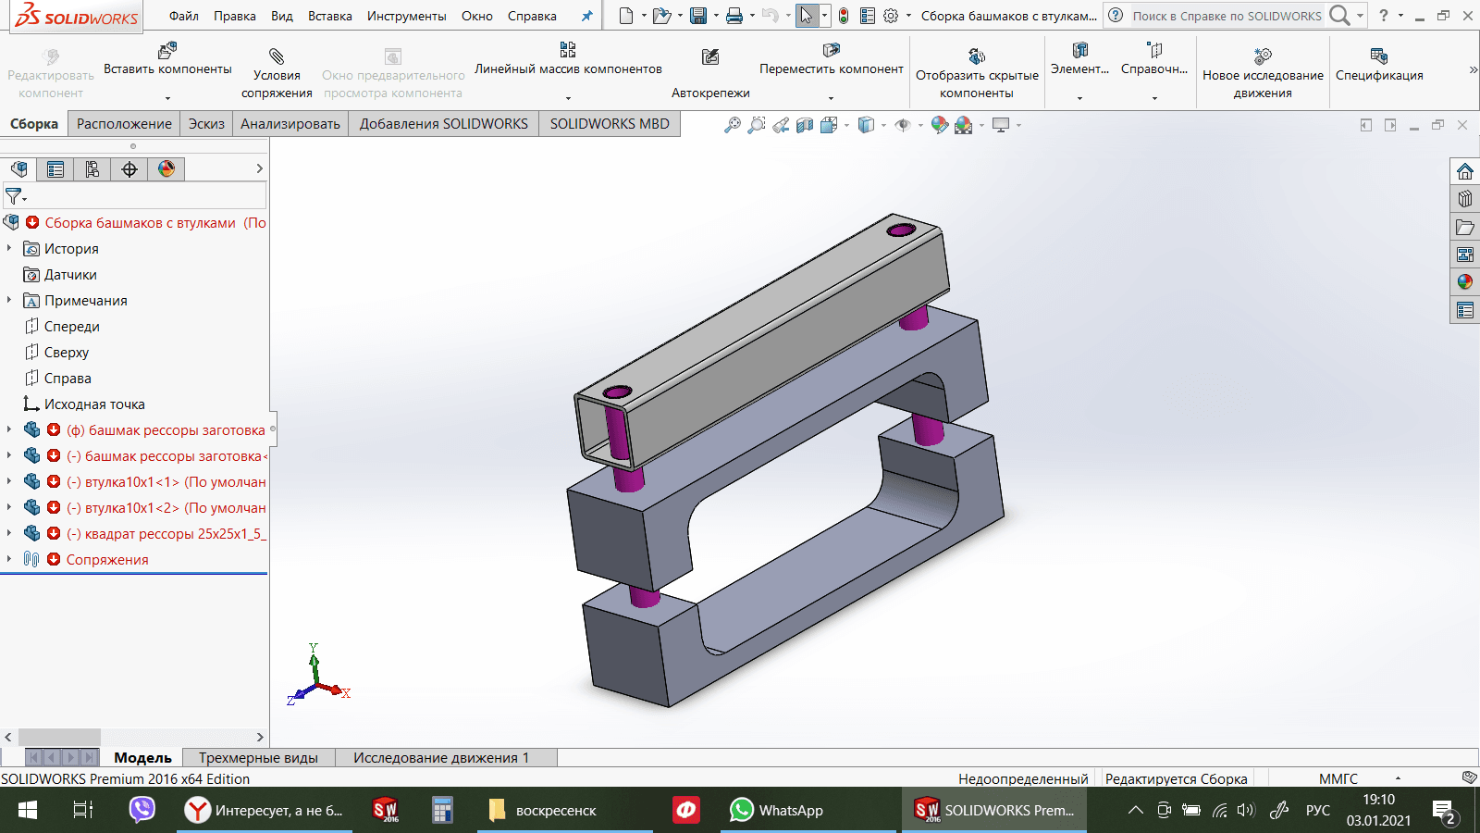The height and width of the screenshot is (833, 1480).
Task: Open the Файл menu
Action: pyautogui.click(x=183, y=16)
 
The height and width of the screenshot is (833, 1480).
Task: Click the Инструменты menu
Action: pyautogui.click(x=406, y=16)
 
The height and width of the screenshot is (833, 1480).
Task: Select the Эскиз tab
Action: pyautogui.click(x=206, y=124)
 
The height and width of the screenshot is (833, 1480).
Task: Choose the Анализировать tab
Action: pyautogui.click(x=290, y=124)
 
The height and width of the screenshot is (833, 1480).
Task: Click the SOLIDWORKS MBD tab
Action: pyautogui.click(x=610, y=124)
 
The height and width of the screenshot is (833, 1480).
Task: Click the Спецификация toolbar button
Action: pyautogui.click(x=1379, y=66)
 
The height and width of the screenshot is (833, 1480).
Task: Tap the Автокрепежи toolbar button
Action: pyautogui.click(x=710, y=73)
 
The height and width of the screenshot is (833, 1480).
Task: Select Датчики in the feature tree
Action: pyautogui.click(x=70, y=274)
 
